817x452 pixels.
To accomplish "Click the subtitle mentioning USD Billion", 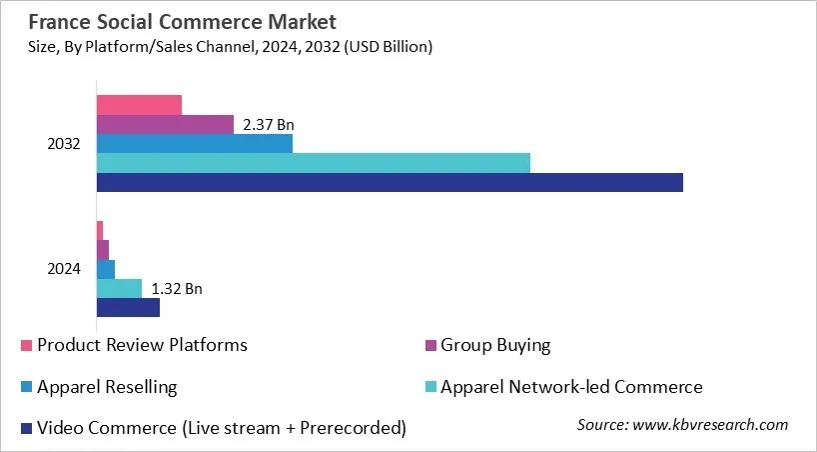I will pos(226,46).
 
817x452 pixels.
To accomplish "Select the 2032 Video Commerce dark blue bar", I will pos(390,182).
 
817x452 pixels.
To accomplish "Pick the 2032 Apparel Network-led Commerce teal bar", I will pos(313,163).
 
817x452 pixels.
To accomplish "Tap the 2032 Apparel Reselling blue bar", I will pos(194,144).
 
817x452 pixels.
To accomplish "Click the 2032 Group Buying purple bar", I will pos(165,125).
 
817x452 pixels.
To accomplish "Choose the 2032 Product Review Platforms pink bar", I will pos(139,105).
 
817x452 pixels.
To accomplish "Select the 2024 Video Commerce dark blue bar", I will pos(128,308).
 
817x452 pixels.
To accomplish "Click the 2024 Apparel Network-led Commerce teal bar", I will pos(119,289).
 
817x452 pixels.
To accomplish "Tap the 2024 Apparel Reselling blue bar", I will pos(106,269).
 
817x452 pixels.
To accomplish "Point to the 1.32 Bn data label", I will pos(177,289).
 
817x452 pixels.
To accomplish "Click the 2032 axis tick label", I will pos(64,144).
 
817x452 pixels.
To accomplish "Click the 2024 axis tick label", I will pos(64,269).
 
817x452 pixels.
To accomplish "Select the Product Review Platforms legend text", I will pos(142,346).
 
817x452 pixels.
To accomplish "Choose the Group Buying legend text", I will pos(495,346).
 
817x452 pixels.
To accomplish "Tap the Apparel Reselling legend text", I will pos(107,387).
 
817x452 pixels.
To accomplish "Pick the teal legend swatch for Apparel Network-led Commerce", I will pos(430,388).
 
